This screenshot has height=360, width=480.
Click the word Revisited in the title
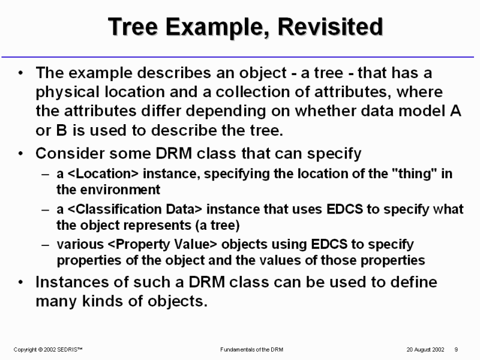tap(331, 27)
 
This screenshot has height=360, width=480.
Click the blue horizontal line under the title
tap(238, 57)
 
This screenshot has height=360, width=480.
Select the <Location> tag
tap(103, 173)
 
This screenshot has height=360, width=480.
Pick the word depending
tap(226, 111)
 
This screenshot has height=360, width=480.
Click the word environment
tap(120, 190)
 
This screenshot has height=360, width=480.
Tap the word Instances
tap(72, 282)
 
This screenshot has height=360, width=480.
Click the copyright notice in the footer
tap(48, 350)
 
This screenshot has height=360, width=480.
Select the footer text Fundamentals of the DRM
tap(251, 350)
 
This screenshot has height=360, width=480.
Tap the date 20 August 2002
tap(425, 350)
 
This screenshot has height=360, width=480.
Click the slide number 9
tap(456, 350)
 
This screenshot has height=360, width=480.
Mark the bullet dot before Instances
tap(20, 282)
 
